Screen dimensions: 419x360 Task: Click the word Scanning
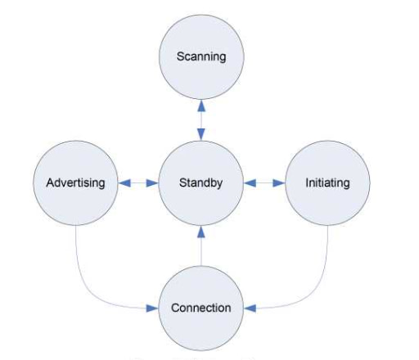coord(201,57)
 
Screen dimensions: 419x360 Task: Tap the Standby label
coord(201,183)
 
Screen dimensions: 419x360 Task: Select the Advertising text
coord(75,183)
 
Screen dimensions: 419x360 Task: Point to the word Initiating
coord(327,183)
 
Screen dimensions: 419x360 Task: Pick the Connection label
coord(201,308)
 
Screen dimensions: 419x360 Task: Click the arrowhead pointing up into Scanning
coord(201,106)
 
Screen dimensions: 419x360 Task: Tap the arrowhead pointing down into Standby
coord(201,134)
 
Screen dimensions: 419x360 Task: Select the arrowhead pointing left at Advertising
coord(124,183)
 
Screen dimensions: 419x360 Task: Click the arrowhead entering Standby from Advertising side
coord(152,183)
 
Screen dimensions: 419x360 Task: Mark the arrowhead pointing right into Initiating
coord(279,183)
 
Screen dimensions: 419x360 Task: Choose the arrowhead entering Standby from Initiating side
coord(250,183)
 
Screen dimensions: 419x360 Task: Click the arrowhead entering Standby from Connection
coord(201,232)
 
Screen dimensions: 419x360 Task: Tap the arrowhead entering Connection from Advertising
coord(152,308)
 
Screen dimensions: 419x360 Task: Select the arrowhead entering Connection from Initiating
coord(250,308)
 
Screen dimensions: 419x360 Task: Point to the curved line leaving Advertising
coord(90,294)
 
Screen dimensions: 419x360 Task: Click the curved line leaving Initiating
coord(313,294)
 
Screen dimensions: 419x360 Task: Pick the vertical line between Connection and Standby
coord(201,251)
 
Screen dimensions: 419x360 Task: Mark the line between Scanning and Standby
coord(201,120)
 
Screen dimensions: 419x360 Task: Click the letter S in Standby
coord(182,182)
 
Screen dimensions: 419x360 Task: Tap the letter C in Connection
coord(175,308)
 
